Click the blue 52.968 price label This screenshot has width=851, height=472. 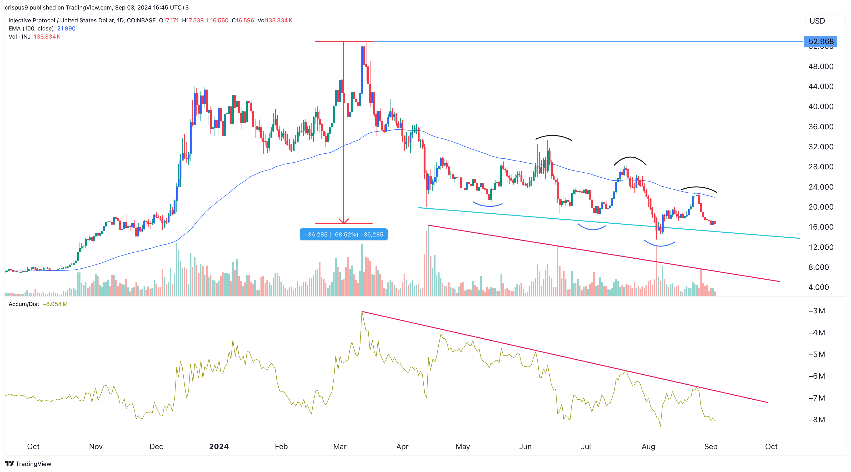click(x=821, y=42)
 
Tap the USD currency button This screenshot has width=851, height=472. click(x=817, y=21)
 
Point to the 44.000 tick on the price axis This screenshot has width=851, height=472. click(x=821, y=86)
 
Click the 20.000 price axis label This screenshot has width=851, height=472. click(x=821, y=207)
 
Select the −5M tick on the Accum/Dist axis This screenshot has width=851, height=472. click(x=817, y=354)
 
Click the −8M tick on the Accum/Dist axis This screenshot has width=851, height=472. click(x=817, y=420)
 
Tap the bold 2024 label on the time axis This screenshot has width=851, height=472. click(x=219, y=447)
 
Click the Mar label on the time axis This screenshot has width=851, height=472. click(x=340, y=447)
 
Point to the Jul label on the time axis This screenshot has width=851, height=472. click(x=586, y=447)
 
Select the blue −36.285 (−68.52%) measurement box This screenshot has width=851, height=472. click(x=344, y=235)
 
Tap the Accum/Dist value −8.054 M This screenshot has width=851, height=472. click(x=55, y=304)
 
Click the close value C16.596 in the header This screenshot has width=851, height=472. click(x=243, y=20)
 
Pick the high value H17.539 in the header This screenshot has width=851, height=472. click(x=193, y=20)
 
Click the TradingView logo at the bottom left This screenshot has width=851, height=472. click(x=28, y=464)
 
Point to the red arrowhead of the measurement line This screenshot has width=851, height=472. click(x=344, y=221)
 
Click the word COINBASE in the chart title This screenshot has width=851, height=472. click(x=141, y=20)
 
